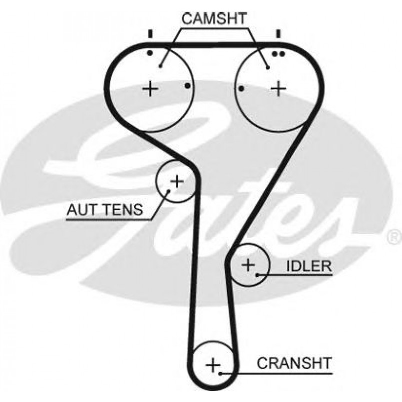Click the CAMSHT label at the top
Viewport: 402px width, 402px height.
pyautogui.click(x=214, y=19)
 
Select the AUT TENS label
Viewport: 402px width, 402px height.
pyautogui.click(x=105, y=210)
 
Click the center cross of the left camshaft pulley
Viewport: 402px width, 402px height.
pyautogui.click(x=150, y=89)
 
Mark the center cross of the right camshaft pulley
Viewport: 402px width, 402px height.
pyautogui.click(x=278, y=89)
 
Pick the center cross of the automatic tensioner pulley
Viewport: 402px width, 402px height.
pyautogui.click(x=176, y=181)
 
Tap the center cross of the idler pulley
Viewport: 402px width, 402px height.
pyautogui.click(x=248, y=265)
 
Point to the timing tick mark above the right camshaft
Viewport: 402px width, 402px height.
pyautogui.click(x=278, y=35)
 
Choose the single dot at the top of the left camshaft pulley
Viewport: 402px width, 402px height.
pyautogui.click(x=149, y=52)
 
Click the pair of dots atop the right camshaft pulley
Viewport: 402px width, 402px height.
pyautogui.click(x=278, y=52)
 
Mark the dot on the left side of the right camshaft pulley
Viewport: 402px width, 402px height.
pyautogui.click(x=241, y=89)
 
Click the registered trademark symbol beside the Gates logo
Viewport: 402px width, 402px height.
pyautogui.click(x=394, y=235)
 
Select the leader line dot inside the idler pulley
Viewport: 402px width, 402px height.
pyautogui.click(x=257, y=274)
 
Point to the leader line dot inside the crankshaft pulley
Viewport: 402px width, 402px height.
pyautogui.click(x=220, y=372)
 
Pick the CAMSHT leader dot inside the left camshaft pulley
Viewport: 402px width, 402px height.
pyautogui.click(x=160, y=65)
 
